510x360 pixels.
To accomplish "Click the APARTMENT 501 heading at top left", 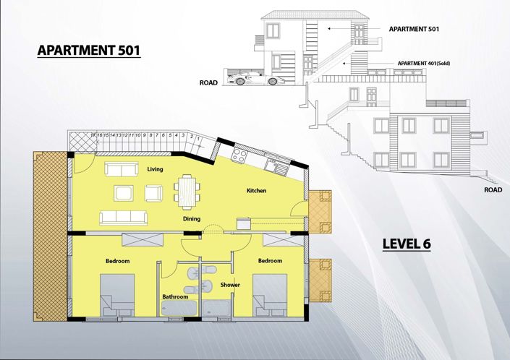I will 88,51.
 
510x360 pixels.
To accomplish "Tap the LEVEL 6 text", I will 407,244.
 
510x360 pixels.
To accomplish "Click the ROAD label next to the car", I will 208,83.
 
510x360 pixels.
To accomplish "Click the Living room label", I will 155,169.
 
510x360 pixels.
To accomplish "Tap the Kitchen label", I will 256,191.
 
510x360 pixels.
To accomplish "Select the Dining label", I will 192,219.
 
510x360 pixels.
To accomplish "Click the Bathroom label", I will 175,296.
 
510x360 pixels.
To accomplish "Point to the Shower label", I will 230,284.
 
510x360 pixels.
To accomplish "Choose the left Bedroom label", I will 117,260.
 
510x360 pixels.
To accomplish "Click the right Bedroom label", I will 270,260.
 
